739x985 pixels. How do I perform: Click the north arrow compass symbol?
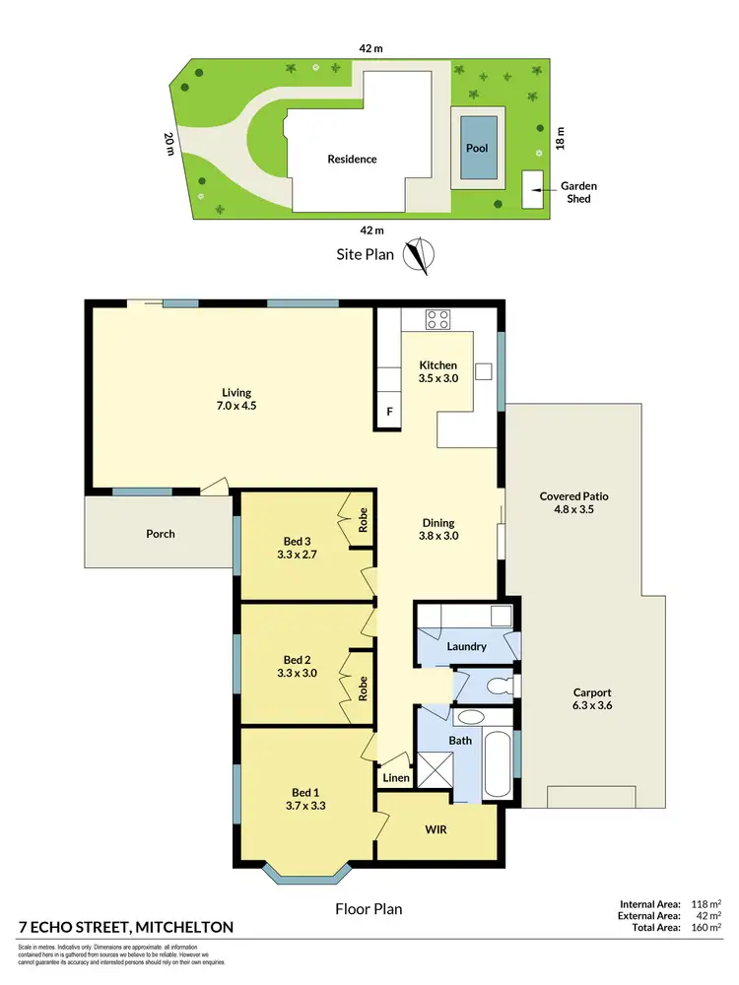[422, 254]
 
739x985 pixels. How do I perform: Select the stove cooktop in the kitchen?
[437, 319]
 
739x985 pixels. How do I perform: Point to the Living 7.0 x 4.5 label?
[232, 398]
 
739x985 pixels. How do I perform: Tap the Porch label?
[160, 534]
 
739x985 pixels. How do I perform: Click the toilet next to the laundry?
[499, 684]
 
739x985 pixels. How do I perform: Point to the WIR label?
[436, 829]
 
